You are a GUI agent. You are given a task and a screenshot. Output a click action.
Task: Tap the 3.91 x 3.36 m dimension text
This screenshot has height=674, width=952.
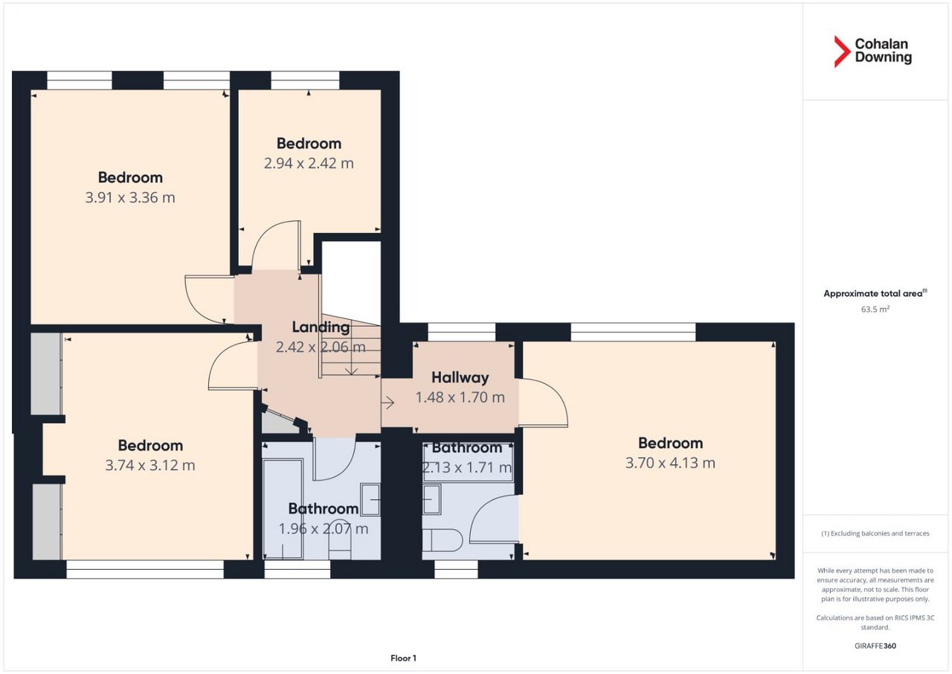(130, 198)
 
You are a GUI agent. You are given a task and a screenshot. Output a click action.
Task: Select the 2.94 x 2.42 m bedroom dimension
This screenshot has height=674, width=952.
(309, 163)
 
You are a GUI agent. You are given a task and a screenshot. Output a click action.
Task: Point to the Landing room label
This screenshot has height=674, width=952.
(321, 327)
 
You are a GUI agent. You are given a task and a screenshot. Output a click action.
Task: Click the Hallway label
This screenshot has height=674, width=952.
(460, 377)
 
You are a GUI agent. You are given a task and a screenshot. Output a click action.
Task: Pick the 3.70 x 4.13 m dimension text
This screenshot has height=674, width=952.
(670, 463)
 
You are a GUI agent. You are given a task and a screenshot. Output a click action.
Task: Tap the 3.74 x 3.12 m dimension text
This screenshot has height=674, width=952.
(150, 466)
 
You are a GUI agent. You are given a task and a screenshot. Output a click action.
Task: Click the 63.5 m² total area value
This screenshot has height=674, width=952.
(875, 309)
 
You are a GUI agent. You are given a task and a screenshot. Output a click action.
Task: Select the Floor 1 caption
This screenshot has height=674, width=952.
(403, 658)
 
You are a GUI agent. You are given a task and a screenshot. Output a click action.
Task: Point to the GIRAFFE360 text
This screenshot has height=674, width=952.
(875, 646)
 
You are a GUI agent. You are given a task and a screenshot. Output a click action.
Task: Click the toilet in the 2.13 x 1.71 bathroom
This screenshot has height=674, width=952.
(443, 540)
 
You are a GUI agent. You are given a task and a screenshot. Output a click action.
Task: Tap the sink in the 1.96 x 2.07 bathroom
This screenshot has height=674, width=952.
(370, 499)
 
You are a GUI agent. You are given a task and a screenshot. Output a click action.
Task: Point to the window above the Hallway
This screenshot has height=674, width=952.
(462, 332)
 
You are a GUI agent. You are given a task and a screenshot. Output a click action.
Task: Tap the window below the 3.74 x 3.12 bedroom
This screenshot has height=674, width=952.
(145, 569)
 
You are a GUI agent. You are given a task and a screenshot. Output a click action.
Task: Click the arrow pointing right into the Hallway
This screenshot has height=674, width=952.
(387, 402)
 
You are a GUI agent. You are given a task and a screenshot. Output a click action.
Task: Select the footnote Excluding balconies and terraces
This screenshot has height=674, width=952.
(875, 533)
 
